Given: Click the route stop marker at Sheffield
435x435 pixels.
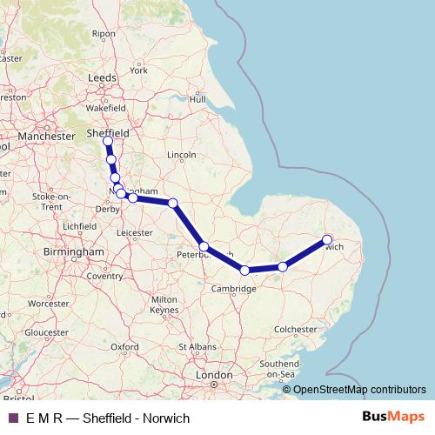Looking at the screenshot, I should (x=108, y=141).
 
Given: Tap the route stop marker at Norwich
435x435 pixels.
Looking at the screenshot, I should (x=328, y=239).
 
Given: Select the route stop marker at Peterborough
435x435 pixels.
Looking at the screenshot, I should (x=204, y=247).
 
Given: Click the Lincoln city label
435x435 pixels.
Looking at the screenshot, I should (x=181, y=155).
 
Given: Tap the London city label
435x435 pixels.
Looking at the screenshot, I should (x=214, y=375).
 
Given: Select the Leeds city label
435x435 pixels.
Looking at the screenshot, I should (x=103, y=77).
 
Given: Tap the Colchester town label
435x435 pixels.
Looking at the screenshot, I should (x=294, y=330).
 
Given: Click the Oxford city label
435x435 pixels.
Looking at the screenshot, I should (x=124, y=346).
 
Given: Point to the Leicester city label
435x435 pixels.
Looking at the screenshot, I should (x=134, y=233).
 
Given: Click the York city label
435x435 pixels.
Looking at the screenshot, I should (x=139, y=70).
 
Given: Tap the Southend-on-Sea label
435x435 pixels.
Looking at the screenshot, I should (x=278, y=367).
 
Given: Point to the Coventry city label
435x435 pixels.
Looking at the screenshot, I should (x=104, y=276).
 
